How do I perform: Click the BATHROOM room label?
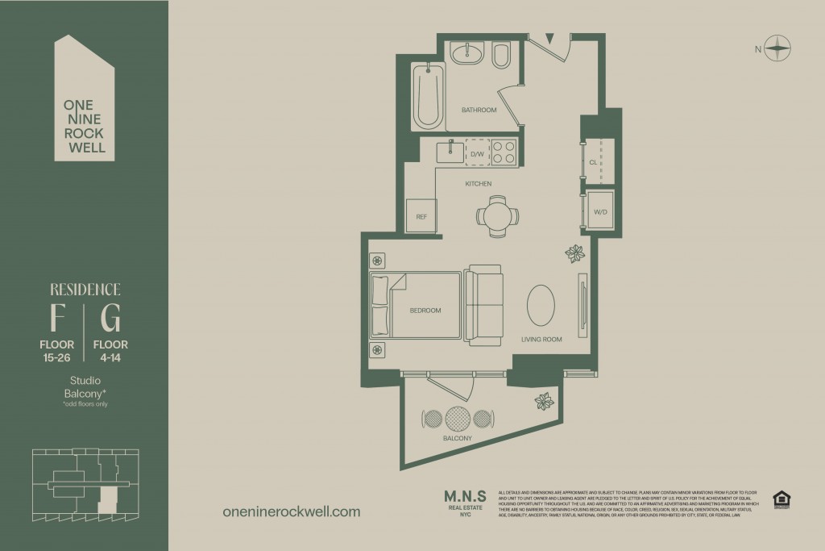click(479, 110)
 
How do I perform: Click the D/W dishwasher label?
click(476, 153)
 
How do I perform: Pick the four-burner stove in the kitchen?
click(504, 152)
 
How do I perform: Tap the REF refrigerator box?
click(421, 216)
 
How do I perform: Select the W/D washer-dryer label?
click(600, 212)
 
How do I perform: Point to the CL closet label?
click(593, 162)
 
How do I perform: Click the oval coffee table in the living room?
click(541, 304)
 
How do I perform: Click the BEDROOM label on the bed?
click(425, 310)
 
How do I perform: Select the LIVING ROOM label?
click(541, 340)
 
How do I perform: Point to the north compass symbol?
click(777, 49)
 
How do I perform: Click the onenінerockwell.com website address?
click(290, 511)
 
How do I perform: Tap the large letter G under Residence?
click(111, 320)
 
